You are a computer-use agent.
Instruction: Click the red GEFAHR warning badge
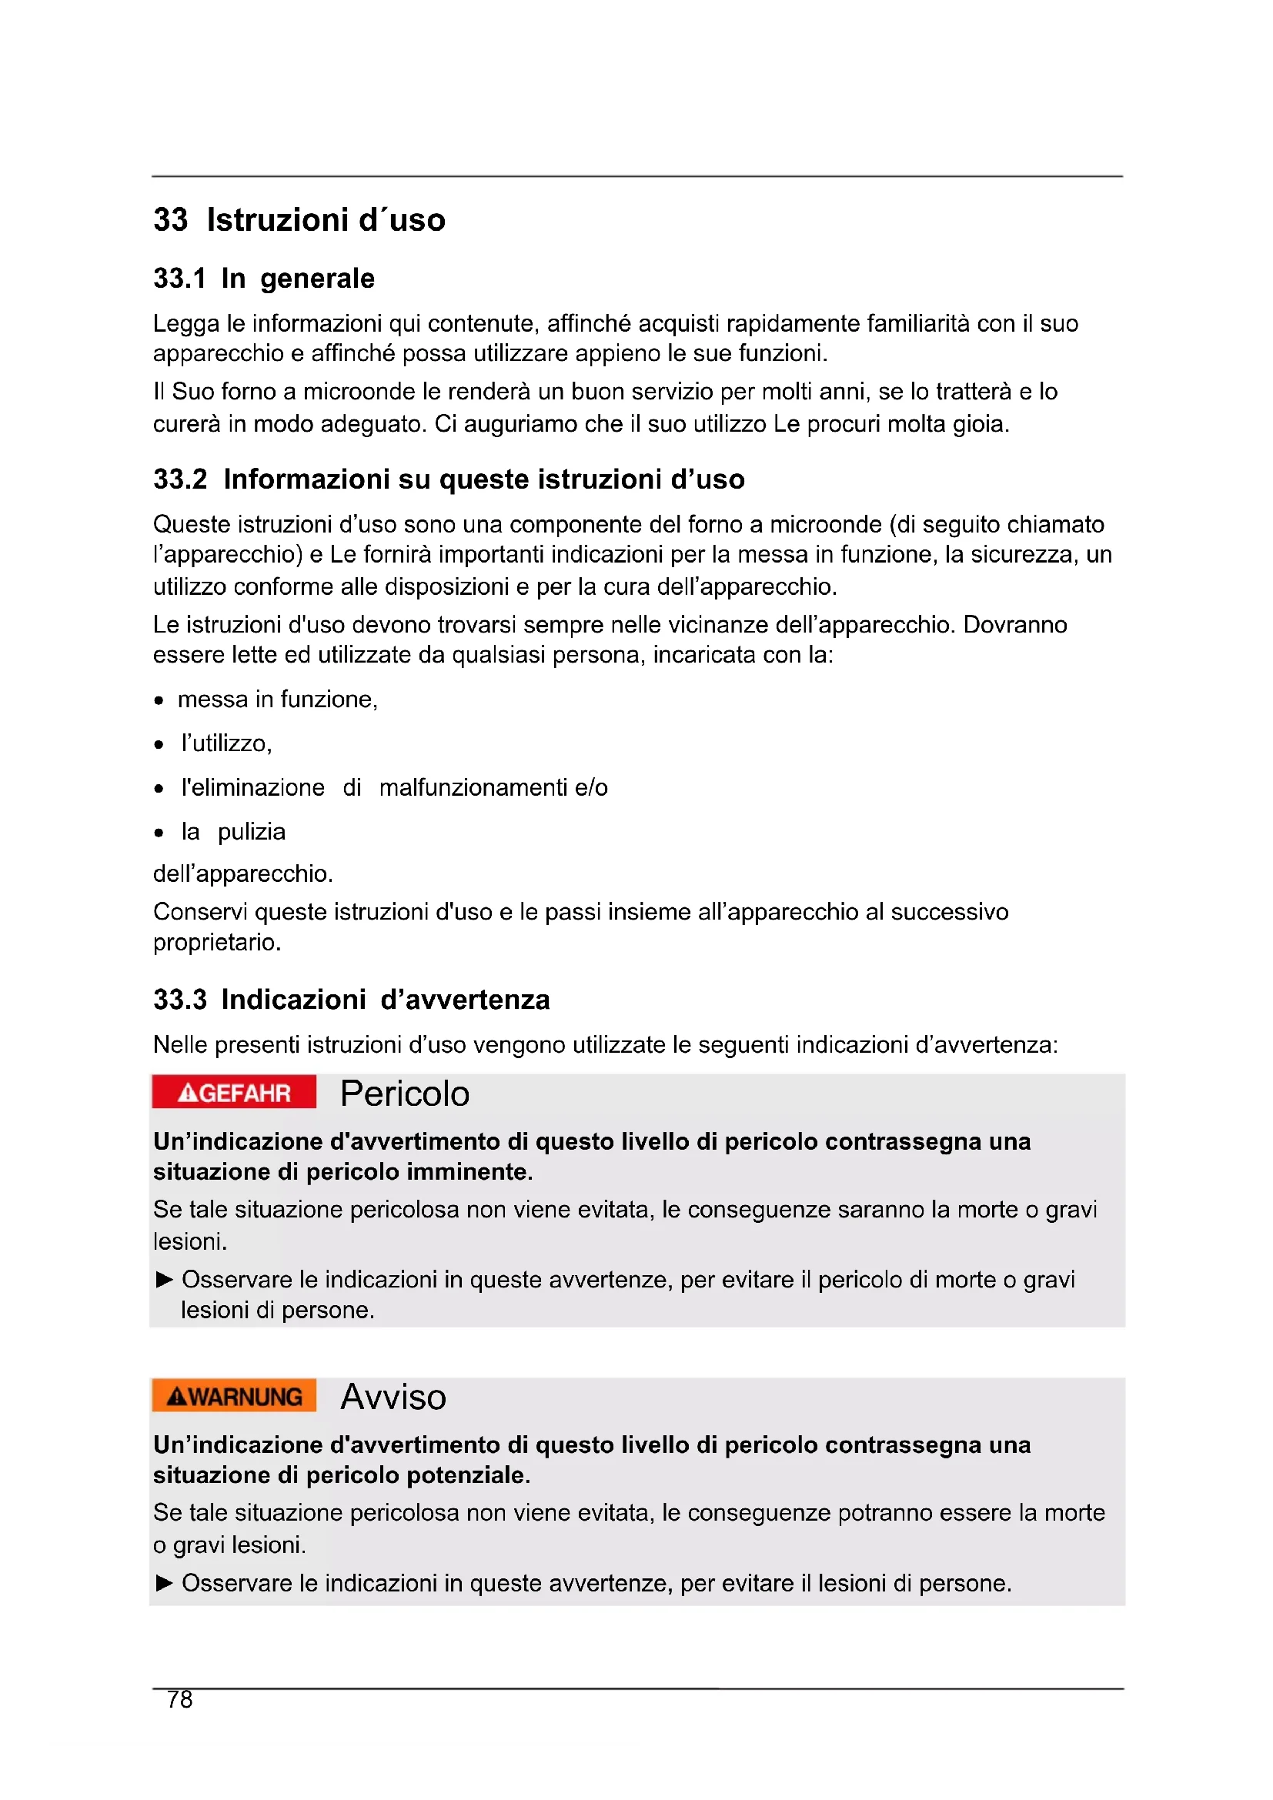[x=234, y=1091]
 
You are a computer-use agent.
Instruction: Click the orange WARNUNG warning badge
[x=234, y=1396]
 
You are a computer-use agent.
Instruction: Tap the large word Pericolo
[x=405, y=1094]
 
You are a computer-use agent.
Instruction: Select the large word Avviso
[x=393, y=1397]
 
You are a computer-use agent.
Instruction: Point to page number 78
[x=179, y=1700]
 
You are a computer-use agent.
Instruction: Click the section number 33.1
[x=179, y=279]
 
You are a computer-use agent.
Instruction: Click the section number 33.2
[x=180, y=479]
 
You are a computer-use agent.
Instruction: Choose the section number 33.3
[x=180, y=1000]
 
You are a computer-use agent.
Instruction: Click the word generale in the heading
[x=317, y=279]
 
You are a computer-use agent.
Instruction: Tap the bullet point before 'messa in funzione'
[x=159, y=701]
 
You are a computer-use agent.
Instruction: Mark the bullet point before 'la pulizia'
[x=159, y=833]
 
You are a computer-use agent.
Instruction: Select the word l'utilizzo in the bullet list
[x=226, y=743]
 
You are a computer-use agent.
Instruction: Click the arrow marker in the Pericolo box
[x=164, y=1281]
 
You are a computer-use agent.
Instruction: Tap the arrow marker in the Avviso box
[x=164, y=1583]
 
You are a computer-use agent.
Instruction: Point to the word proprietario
[x=216, y=943]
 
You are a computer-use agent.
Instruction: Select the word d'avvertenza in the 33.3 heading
[x=465, y=1000]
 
